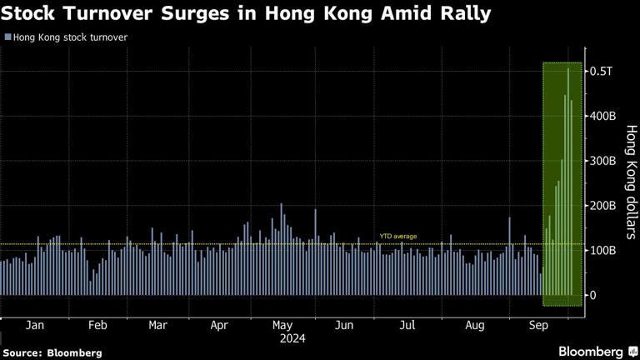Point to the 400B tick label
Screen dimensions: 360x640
(x=602, y=116)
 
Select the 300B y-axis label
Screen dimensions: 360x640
(x=602, y=161)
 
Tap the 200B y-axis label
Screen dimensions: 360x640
(x=602, y=206)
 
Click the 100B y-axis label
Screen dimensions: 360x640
(x=602, y=250)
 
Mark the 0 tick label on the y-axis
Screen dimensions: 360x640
(x=593, y=295)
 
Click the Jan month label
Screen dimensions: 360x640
(x=35, y=324)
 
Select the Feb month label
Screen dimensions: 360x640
(x=97, y=324)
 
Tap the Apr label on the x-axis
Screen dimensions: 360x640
(x=219, y=324)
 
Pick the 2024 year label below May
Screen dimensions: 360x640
(x=292, y=338)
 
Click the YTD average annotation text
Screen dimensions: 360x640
(x=397, y=237)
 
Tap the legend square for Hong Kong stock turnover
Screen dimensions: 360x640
(x=8, y=37)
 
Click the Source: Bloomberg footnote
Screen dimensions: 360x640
(x=52, y=352)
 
